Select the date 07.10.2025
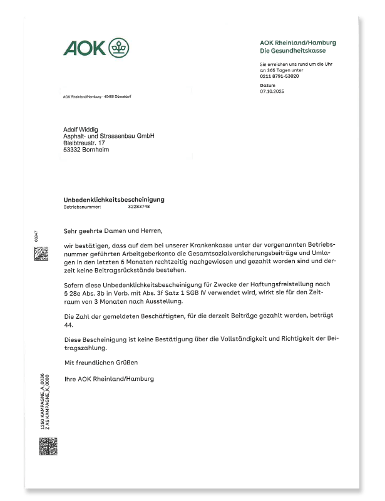[x=271, y=91]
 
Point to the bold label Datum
[x=267, y=85]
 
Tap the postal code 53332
[x=73, y=150]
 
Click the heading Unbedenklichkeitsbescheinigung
[x=114, y=199]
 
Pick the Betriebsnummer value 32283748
[x=139, y=206]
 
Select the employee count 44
[x=68, y=326]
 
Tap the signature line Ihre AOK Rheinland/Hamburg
[x=109, y=379]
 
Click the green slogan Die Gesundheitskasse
[x=290, y=50]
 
